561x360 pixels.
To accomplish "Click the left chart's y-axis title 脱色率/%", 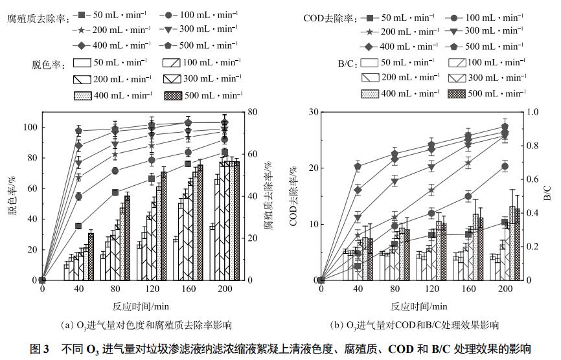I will [x=12, y=197].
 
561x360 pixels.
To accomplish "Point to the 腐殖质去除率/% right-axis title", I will [x=266, y=197].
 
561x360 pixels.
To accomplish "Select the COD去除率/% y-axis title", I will [x=294, y=197].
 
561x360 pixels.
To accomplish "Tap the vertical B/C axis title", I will [x=547, y=196].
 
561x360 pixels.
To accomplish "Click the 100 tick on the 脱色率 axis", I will [x=30, y=127].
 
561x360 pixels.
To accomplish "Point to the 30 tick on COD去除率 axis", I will [x=313, y=112].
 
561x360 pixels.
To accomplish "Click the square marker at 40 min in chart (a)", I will [x=78, y=226].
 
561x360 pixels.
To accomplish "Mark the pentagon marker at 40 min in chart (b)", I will [x=357, y=166].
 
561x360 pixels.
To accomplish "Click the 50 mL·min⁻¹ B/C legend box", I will [x=369, y=62].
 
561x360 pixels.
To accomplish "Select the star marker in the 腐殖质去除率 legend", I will [x=82, y=29].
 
